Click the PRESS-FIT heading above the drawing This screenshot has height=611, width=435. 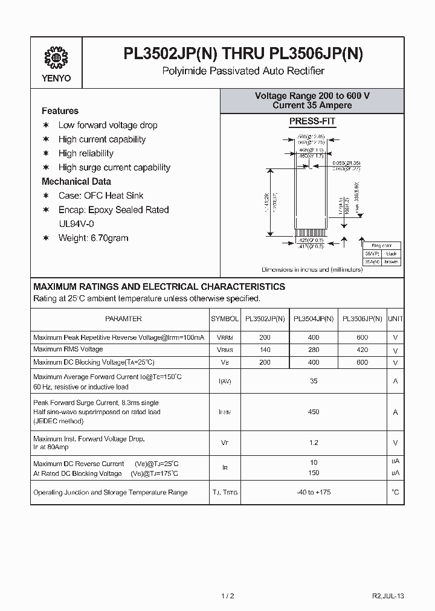312,121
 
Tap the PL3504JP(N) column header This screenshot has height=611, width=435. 313,319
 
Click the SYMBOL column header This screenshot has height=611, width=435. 225,319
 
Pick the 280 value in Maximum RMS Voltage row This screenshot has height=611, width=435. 313,350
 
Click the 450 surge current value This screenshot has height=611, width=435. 313,412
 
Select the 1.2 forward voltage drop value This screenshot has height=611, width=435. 313,443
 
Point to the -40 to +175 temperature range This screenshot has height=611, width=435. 313,492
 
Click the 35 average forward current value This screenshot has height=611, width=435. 313,381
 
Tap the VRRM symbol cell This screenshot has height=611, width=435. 225,337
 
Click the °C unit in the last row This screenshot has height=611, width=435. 395,492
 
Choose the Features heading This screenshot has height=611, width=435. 60,111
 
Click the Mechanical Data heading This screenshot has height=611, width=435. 76,182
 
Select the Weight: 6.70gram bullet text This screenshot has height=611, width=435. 93,238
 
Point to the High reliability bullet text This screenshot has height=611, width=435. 86,153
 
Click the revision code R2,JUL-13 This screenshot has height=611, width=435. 388,595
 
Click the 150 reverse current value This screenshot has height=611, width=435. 313,473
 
